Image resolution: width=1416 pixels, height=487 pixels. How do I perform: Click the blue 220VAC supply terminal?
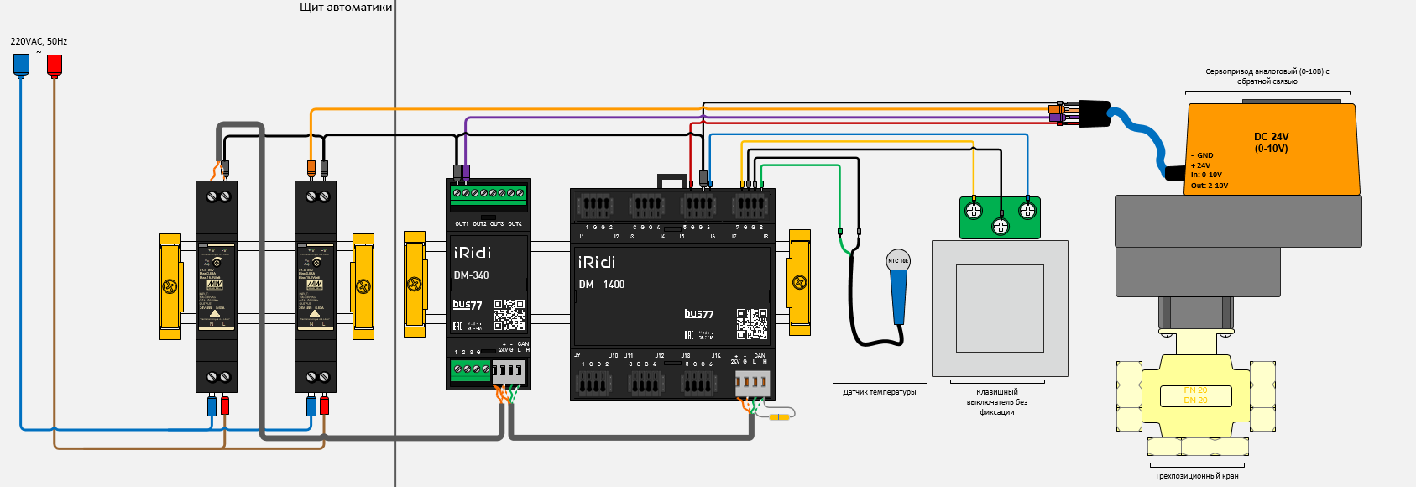(x=21, y=64)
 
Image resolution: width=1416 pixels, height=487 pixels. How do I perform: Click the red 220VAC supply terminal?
(x=55, y=64)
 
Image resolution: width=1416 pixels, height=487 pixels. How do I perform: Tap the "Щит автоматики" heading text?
(x=346, y=8)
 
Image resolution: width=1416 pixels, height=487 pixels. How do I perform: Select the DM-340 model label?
(x=471, y=275)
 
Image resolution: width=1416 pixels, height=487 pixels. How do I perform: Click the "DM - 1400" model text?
(x=601, y=285)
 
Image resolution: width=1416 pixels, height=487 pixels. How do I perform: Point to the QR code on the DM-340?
(x=509, y=314)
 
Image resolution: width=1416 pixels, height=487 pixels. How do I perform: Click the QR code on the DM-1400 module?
(x=752, y=323)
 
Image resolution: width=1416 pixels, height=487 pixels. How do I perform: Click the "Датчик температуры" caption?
(x=880, y=392)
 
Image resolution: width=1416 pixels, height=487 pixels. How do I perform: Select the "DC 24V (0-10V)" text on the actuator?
(x=1271, y=143)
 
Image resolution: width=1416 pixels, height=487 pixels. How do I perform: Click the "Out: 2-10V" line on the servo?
(x=1210, y=186)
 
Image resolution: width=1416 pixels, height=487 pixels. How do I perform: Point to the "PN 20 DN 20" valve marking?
(x=1195, y=395)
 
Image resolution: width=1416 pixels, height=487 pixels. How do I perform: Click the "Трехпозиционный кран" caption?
(x=1196, y=476)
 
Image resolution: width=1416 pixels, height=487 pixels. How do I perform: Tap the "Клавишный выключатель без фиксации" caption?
(x=997, y=402)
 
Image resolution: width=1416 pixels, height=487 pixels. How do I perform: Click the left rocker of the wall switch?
(x=979, y=308)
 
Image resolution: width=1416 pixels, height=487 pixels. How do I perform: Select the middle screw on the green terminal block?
(x=1001, y=226)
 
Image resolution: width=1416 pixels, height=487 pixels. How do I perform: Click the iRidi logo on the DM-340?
(x=473, y=253)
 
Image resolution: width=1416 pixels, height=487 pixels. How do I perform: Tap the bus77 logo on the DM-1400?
(x=698, y=314)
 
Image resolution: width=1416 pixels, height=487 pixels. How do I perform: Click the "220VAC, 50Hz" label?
(x=39, y=41)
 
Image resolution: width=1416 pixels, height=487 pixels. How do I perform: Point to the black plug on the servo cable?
(x=1095, y=113)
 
